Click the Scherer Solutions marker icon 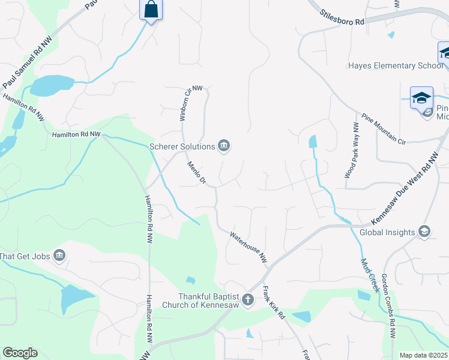tap(224, 146)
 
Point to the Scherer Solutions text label tap(182, 146)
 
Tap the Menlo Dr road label tap(196, 173)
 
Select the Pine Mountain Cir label tap(384, 129)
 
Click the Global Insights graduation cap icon tap(424, 232)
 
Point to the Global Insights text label tap(387, 233)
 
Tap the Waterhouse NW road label tap(247, 247)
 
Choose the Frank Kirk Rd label tap(273, 303)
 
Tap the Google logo tap(20, 353)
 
